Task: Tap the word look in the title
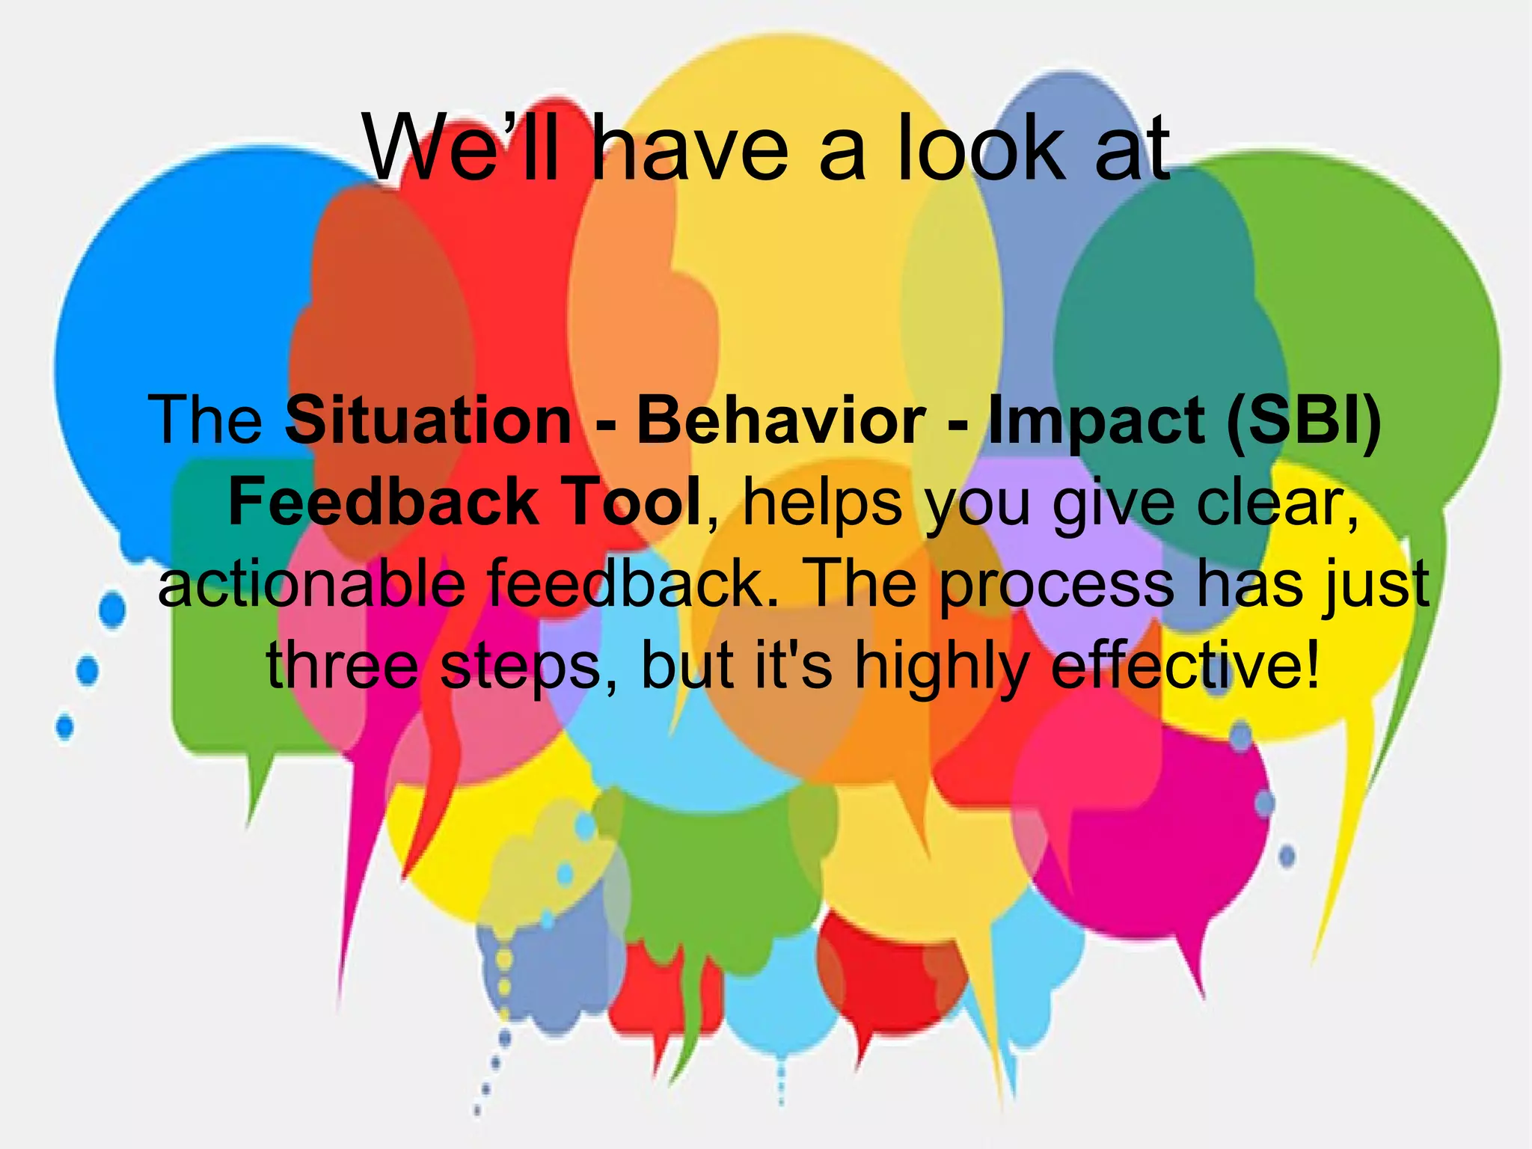coord(980,147)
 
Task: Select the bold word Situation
coord(429,420)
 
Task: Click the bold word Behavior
coord(781,420)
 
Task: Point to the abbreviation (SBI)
coord(1303,420)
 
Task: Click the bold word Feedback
coord(382,503)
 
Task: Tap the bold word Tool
coord(631,503)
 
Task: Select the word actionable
coord(311,585)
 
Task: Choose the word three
coord(342,666)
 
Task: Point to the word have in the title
coord(690,147)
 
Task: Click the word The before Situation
coord(206,420)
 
